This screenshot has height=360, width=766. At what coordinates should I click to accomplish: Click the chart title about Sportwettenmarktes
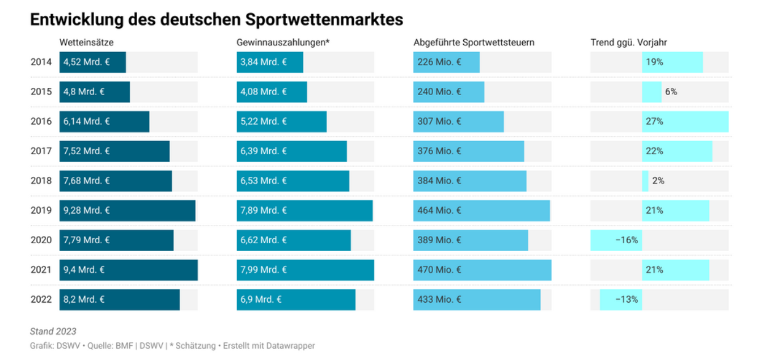pyautogui.click(x=216, y=20)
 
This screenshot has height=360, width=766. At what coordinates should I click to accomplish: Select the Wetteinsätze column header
pyautogui.click(x=86, y=43)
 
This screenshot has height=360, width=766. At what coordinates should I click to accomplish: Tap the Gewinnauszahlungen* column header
pyautogui.click(x=283, y=43)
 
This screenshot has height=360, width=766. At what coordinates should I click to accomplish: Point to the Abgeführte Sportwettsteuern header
pyautogui.click(x=473, y=43)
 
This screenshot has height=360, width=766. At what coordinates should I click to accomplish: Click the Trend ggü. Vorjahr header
pyautogui.click(x=628, y=43)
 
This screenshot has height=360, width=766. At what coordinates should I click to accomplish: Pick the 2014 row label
pyautogui.click(x=41, y=62)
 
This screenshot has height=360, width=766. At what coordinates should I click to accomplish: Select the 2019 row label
pyautogui.click(x=41, y=210)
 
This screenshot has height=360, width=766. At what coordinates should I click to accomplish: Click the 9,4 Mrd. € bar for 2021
pyautogui.click(x=128, y=270)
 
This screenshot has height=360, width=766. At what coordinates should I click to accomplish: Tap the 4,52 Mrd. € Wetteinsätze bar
pyautogui.click(x=92, y=62)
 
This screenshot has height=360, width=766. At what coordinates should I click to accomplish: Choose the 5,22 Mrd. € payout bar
pyautogui.click(x=281, y=121)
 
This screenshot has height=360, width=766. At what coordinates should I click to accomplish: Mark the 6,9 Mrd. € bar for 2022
pyautogui.click(x=295, y=299)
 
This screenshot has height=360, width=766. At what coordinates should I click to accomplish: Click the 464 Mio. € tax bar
pyautogui.click(x=481, y=210)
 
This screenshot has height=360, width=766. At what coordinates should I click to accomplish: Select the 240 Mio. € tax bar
pyautogui.click(x=448, y=92)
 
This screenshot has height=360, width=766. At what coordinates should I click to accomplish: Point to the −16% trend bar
pyautogui.click(x=616, y=240)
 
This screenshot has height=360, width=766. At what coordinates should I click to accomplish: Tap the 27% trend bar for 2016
pyautogui.click(x=685, y=121)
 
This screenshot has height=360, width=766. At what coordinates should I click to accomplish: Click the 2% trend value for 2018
pyautogui.click(x=658, y=181)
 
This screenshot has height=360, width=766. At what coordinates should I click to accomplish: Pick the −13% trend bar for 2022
pyautogui.click(x=621, y=299)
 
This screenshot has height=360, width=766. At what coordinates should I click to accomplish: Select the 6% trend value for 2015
pyautogui.click(x=671, y=92)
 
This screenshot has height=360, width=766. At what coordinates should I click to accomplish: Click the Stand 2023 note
pyautogui.click(x=53, y=331)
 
